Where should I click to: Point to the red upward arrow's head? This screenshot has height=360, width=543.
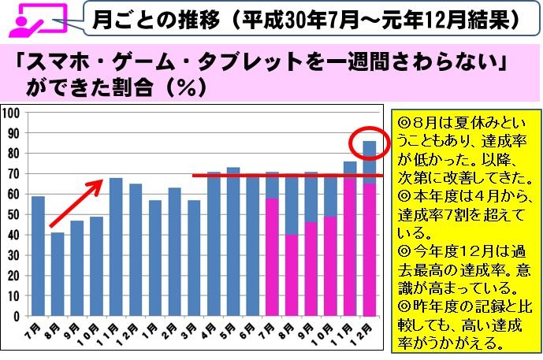(102, 184)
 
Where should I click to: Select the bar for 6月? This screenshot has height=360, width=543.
(252, 244)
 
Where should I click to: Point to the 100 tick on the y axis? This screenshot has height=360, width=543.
(13, 112)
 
